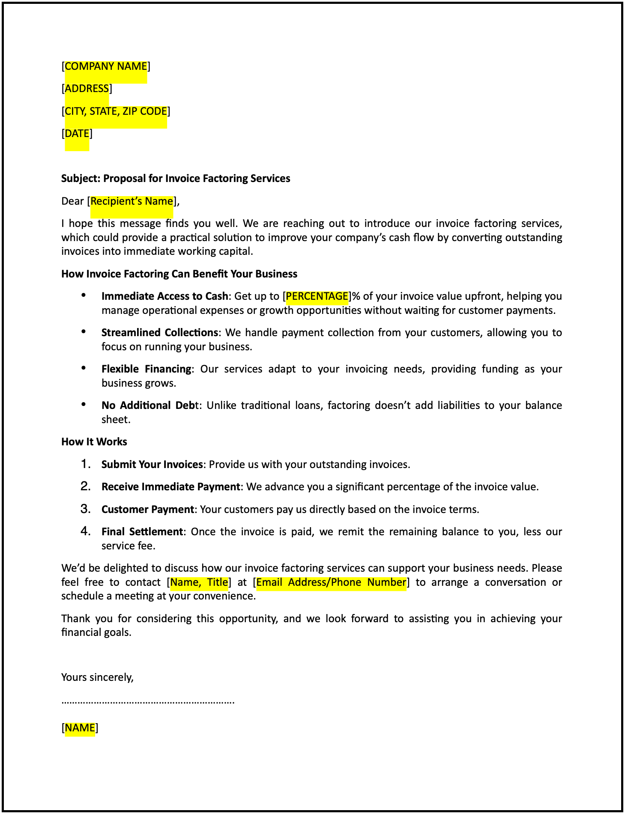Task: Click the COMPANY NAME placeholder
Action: pyautogui.click(x=106, y=66)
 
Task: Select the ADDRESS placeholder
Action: pyautogui.click(x=87, y=89)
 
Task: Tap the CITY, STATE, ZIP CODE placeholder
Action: pyautogui.click(x=116, y=111)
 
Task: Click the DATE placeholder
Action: pyautogui.click(x=77, y=134)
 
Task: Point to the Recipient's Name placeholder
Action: pyautogui.click(x=132, y=201)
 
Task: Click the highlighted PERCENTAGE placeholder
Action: pyautogui.click(x=317, y=296)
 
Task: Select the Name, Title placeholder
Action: pyautogui.click(x=199, y=582)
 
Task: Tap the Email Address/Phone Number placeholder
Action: pyautogui.click(x=331, y=582)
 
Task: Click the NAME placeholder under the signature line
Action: pyautogui.click(x=80, y=728)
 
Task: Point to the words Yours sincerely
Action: pyautogui.click(x=98, y=677)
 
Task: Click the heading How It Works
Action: pyautogui.click(x=94, y=442)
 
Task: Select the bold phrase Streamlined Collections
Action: pyautogui.click(x=160, y=333)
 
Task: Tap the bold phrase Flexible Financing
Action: pyautogui.click(x=147, y=369)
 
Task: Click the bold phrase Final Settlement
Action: pyautogui.click(x=142, y=532)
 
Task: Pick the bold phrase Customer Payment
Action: pyautogui.click(x=148, y=510)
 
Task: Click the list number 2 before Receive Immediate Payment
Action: pyautogui.click(x=86, y=486)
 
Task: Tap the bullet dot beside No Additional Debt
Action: pyautogui.click(x=84, y=405)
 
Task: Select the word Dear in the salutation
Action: pyautogui.click(x=72, y=201)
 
